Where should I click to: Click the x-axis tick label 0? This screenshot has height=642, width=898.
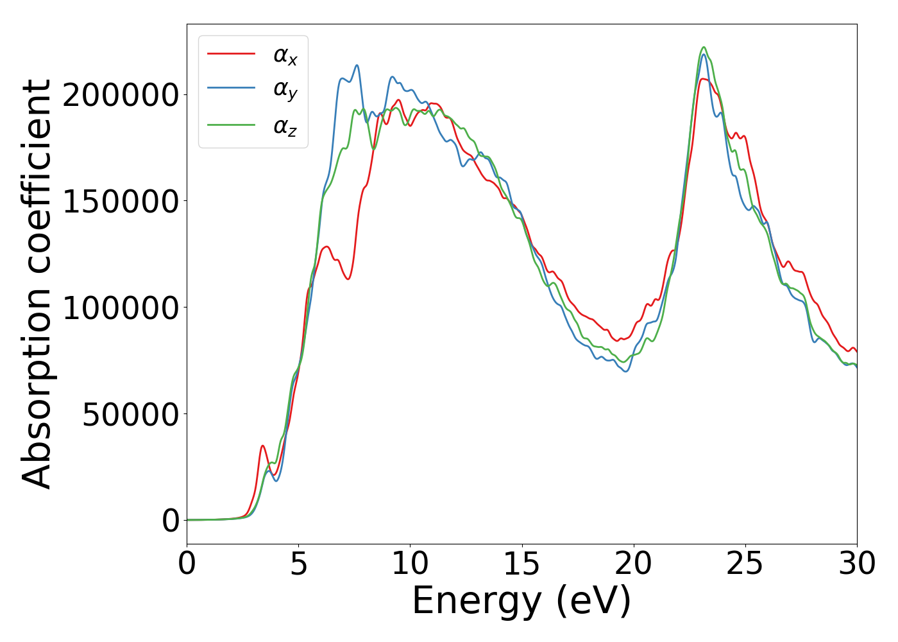pos(187,564)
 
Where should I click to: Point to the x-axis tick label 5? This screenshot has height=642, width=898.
pos(298,564)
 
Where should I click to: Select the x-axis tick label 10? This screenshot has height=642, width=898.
pos(411,564)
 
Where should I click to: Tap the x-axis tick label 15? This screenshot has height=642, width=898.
pos(522,564)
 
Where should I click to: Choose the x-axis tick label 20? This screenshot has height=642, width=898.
pos(634,564)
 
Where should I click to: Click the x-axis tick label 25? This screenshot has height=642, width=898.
pos(745,564)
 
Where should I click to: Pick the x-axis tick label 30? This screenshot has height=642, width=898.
pos(857,564)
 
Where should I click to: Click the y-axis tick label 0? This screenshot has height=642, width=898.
pos(171,521)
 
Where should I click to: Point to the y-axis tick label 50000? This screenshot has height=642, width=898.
pos(130,414)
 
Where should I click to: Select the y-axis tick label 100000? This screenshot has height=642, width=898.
pos(121,308)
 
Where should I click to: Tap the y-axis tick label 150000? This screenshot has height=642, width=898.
pos(121,201)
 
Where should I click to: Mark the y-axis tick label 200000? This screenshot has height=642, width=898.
pos(121,95)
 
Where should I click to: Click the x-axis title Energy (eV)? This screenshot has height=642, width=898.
pos(521,602)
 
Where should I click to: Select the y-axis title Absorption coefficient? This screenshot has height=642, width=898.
pos(37,284)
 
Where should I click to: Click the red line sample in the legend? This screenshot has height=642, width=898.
pos(231,54)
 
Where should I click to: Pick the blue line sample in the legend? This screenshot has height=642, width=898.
pos(231,89)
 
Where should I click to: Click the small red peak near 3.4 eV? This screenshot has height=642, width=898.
pos(262,446)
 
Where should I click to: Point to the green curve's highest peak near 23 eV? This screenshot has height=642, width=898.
pos(704,47)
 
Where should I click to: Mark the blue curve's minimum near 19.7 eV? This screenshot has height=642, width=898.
pos(626,371)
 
